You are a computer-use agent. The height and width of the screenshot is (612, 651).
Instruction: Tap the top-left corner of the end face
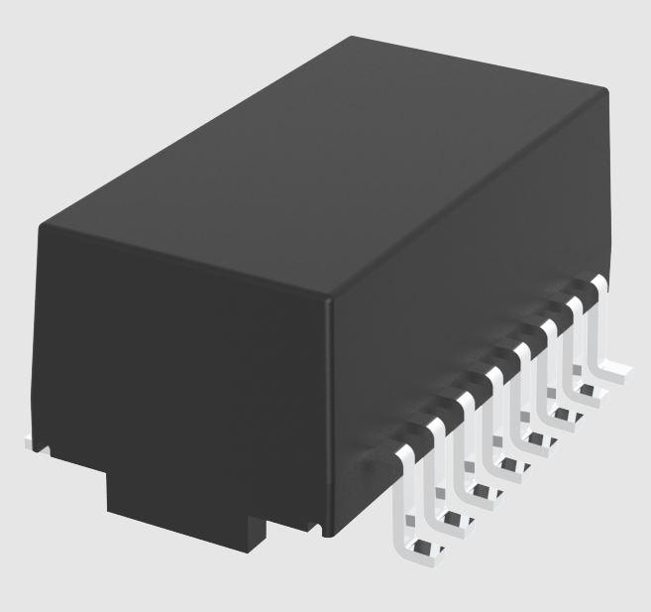[42, 227]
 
